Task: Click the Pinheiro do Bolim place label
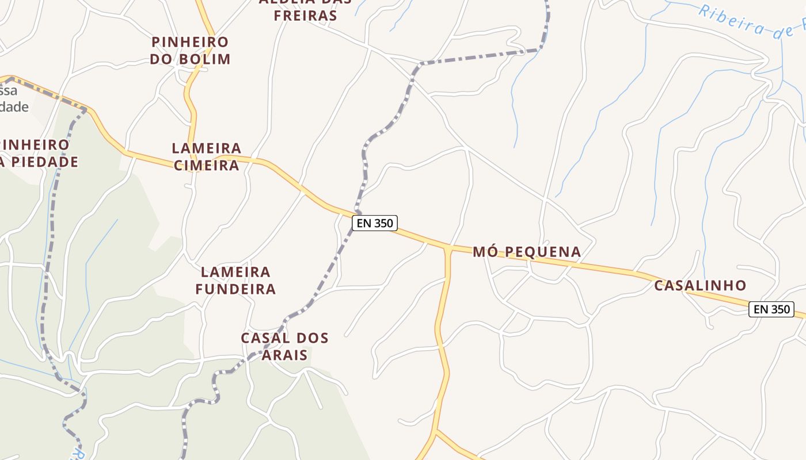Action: tap(190, 51)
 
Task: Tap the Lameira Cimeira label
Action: tap(206, 157)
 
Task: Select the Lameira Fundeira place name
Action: tap(235, 280)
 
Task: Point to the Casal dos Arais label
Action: tap(284, 346)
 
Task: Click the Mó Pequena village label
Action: tap(527, 252)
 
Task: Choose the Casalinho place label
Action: tap(700, 285)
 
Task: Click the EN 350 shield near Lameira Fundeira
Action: tap(375, 223)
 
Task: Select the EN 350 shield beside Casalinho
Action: tap(771, 309)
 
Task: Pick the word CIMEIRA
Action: tap(206, 166)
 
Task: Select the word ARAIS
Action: tap(284, 355)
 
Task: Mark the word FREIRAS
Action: tap(305, 16)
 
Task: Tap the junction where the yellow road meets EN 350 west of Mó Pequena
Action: tap(448, 249)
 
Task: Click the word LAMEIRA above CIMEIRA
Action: tap(206, 148)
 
